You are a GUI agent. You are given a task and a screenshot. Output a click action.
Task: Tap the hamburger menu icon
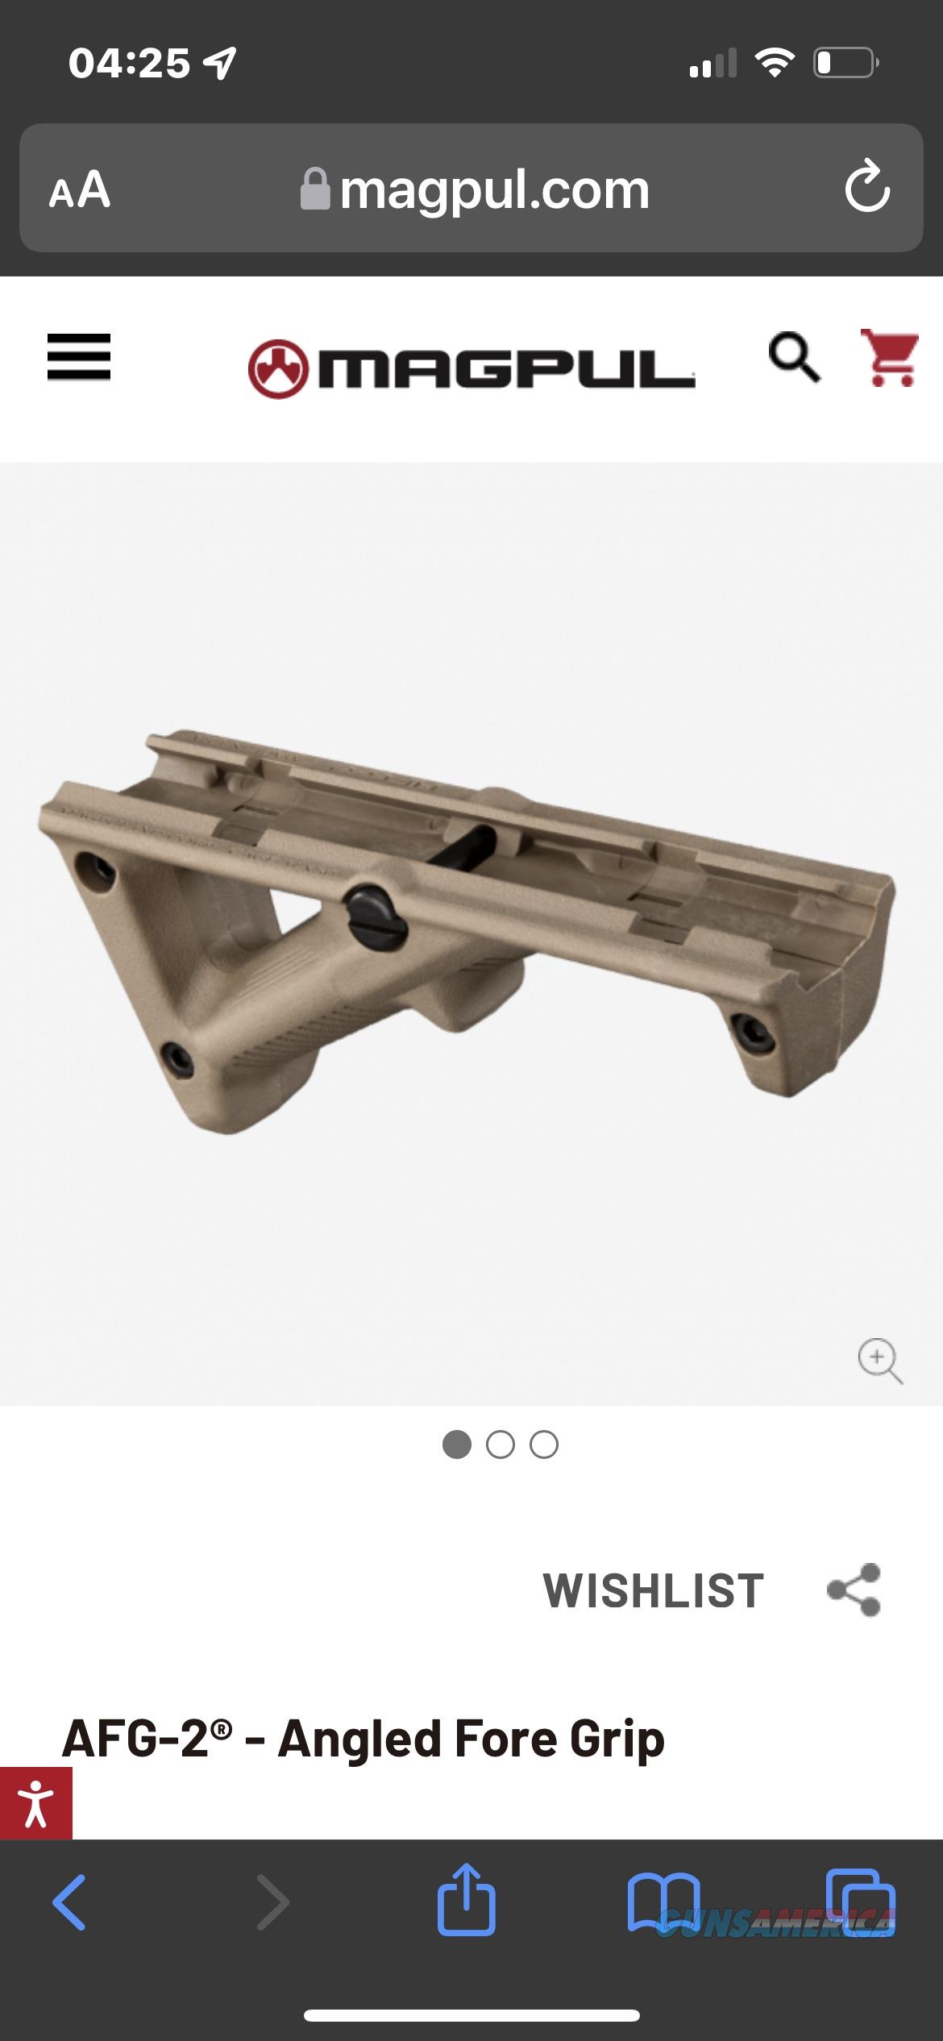(x=78, y=356)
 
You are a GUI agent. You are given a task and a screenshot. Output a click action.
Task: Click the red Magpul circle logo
(x=278, y=369)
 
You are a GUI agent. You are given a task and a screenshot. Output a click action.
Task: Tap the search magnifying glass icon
(x=794, y=356)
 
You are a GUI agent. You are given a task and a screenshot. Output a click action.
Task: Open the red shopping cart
(x=889, y=357)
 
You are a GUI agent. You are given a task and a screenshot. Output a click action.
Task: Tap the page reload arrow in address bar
(x=867, y=187)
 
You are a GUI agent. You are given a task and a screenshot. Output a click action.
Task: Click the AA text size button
(x=79, y=190)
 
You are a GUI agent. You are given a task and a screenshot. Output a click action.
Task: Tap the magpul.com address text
(x=494, y=190)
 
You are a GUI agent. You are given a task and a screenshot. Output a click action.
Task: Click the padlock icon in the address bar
(x=314, y=189)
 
